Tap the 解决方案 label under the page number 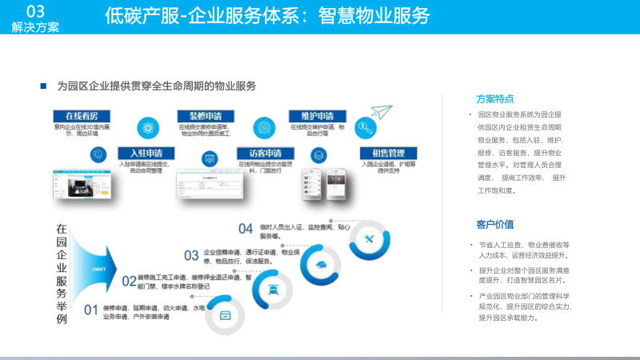point(35,27)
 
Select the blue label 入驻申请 point(140,153)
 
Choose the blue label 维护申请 point(317,115)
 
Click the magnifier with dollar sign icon point(365,126)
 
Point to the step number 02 point(129,281)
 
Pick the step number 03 point(191,255)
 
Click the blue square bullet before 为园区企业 point(43,85)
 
